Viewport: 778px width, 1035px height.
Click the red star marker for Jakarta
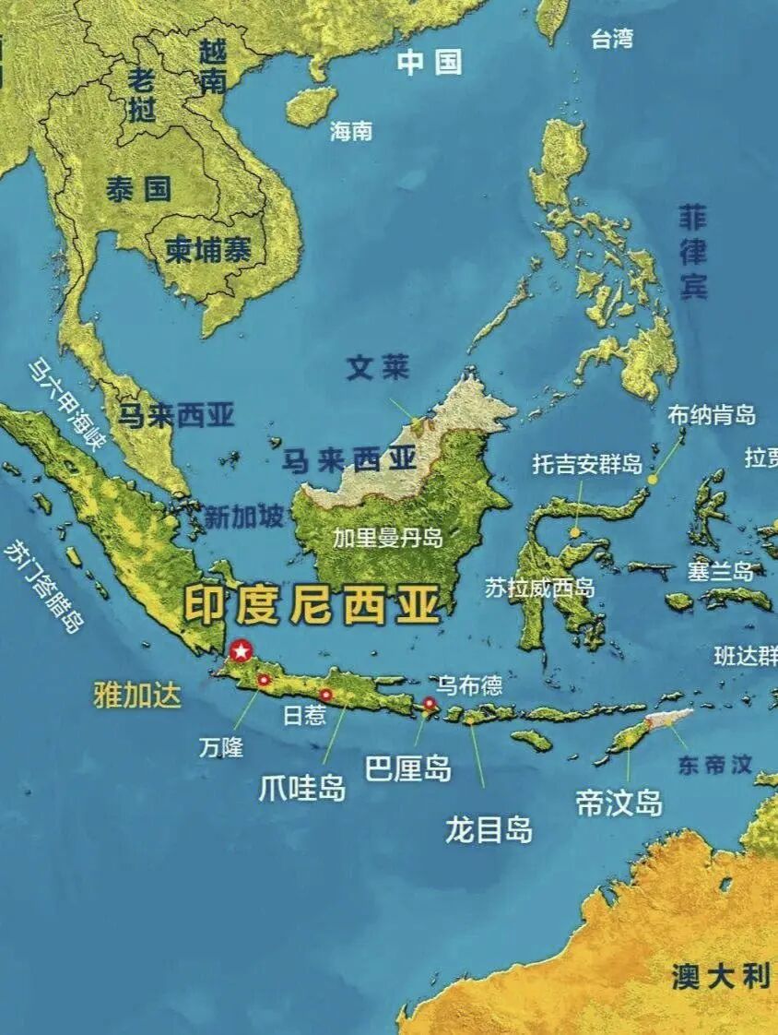tap(241, 651)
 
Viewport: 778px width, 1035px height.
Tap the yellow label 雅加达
tap(137, 696)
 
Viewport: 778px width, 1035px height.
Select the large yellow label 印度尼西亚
tap(312, 605)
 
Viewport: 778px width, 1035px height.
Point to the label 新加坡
tap(243, 517)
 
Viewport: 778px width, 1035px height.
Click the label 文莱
tap(377, 369)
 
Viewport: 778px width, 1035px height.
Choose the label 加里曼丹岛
tap(388, 538)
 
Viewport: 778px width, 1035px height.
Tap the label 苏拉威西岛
tap(540, 588)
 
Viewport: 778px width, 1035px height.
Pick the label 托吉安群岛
tap(587, 463)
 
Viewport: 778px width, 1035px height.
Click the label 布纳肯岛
tap(712, 415)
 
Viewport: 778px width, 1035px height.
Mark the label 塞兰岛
tap(720, 571)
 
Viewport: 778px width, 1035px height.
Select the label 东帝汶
tap(715, 764)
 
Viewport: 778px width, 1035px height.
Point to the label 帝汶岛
tap(619, 803)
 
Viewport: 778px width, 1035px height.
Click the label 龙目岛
tap(489, 829)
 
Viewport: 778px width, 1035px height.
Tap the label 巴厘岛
tap(408, 768)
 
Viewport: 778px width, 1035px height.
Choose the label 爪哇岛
tap(302, 789)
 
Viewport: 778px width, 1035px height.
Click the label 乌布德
tap(469, 684)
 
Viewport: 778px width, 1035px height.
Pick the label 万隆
tap(221, 747)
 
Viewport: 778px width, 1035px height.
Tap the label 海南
tap(351, 131)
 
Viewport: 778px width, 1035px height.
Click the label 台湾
tap(612, 39)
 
